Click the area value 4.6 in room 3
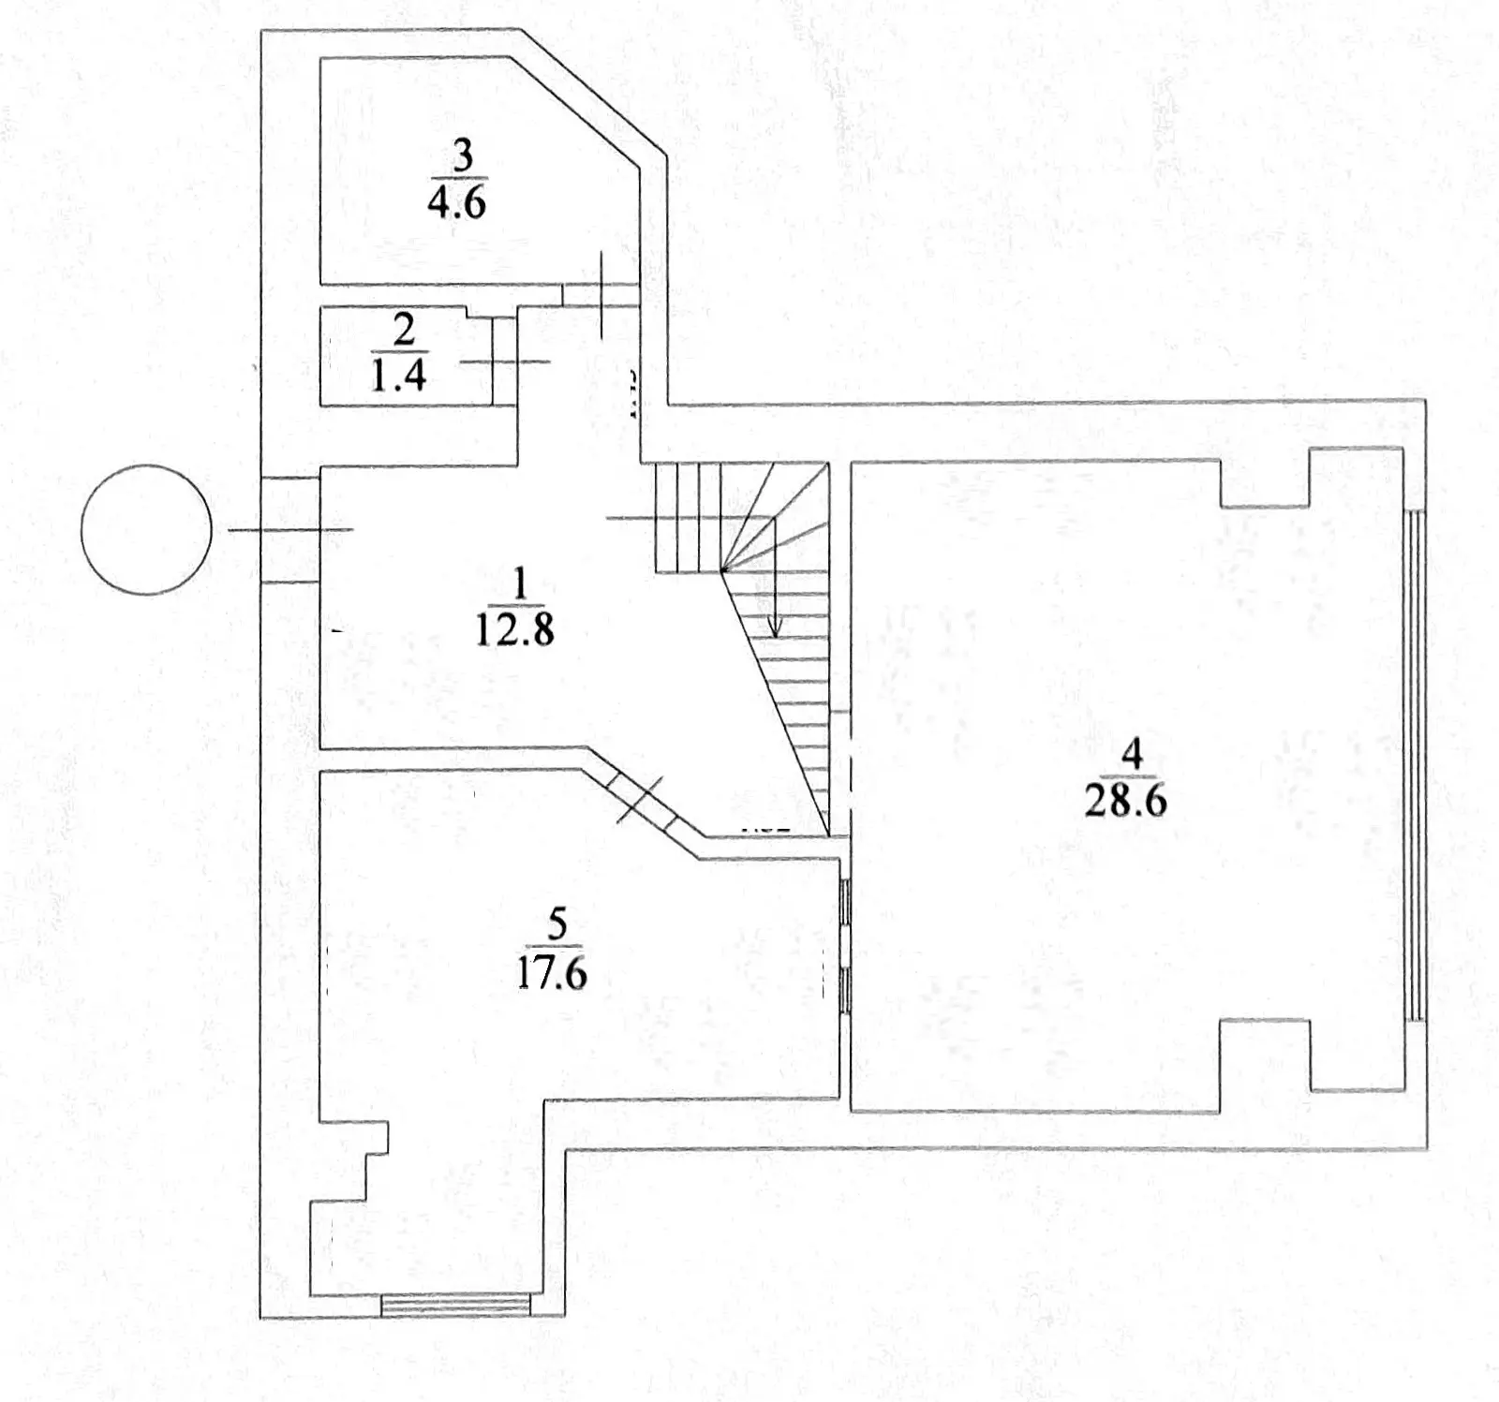[x=456, y=202]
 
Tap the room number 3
[x=462, y=156]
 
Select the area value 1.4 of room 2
[x=401, y=376]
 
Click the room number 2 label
[x=405, y=331]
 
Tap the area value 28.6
[x=1125, y=802]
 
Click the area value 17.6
[x=551, y=973]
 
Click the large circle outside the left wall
[x=145, y=529]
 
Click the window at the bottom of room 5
[x=455, y=1305]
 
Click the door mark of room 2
[x=505, y=362]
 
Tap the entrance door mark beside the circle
[x=291, y=530]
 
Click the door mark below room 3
[x=600, y=293]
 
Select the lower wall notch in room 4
[x=1265, y=1063]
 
